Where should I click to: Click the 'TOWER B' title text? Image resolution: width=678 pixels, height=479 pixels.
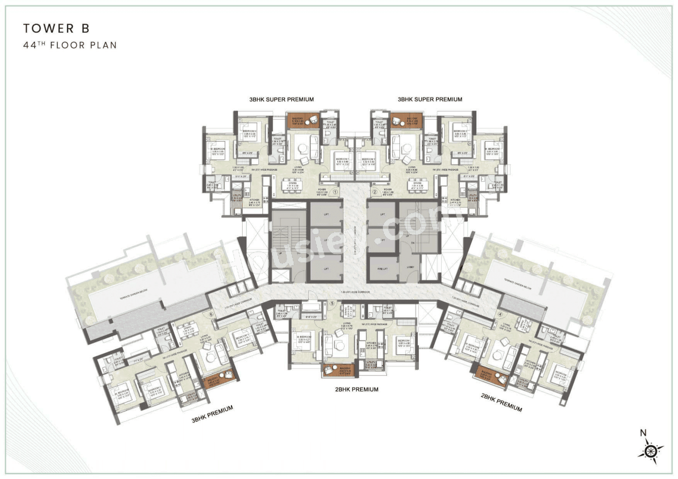(x=56, y=28)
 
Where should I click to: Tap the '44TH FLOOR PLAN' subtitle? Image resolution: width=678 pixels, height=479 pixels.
(x=70, y=45)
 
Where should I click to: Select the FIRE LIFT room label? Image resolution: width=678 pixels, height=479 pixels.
(x=382, y=268)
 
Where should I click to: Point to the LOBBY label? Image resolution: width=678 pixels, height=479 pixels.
(x=410, y=267)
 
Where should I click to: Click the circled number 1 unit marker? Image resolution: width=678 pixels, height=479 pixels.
(x=335, y=192)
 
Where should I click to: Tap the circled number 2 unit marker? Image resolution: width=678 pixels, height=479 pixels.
(x=374, y=192)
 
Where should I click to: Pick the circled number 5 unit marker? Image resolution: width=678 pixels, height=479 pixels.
(x=332, y=303)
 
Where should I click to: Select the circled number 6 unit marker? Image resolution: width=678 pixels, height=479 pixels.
(x=211, y=314)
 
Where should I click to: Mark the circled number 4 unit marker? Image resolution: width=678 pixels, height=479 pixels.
(x=500, y=314)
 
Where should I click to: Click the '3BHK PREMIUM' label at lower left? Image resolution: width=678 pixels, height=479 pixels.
(x=212, y=414)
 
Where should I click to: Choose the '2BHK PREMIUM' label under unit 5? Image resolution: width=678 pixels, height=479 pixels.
(x=357, y=389)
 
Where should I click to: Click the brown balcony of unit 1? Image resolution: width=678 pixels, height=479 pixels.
(x=303, y=121)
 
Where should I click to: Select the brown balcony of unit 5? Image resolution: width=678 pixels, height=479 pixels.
(x=339, y=370)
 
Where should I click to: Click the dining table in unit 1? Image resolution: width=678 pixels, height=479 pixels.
(x=292, y=185)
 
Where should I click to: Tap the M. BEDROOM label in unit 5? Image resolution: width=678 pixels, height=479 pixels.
(x=304, y=337)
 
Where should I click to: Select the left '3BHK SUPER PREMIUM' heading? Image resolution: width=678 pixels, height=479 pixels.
(x=282, y=99)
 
